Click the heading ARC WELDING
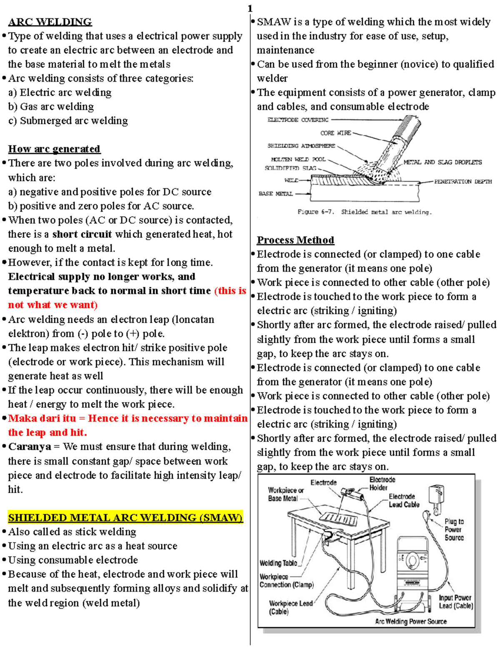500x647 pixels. point(50,22)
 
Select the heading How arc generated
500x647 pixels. point(54,149)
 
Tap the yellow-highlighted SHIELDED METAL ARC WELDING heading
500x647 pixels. point(125,518)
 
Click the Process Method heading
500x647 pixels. point(295,240)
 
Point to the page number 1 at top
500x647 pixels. point(250,8)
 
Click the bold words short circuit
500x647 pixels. point(82,235)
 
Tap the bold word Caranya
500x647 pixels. point(30,447)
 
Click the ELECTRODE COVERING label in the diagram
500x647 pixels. point(297,120)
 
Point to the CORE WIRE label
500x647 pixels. point(335,133)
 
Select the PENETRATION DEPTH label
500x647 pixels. point(462,182)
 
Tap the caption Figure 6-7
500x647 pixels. point(316,212)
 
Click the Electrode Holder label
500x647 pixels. point(382,484)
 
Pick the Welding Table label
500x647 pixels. point(278,563)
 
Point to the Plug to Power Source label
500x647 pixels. point(454,530)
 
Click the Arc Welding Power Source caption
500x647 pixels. point(410,622)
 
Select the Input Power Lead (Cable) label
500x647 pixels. point(455,602)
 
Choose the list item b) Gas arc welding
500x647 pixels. point(51,107)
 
